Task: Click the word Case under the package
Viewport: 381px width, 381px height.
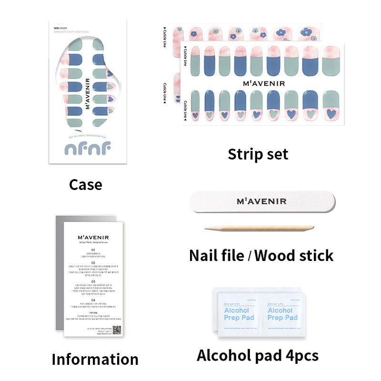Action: click(x=85, y=184)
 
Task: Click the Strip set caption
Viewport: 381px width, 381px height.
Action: click(x=258, y=154)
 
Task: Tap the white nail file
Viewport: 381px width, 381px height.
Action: click(x=261, y=201)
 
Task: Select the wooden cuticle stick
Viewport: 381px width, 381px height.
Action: click(x=260, y=229)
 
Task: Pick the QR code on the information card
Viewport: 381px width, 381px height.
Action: click(x=117, y=330)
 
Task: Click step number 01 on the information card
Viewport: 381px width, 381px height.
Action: click(x=93, y=250)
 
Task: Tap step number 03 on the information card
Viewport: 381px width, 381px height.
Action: click(x=93, y=281)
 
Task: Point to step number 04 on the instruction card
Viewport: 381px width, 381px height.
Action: click(x=93, y=300)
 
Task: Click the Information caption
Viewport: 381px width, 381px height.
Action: click(x=95, y=359)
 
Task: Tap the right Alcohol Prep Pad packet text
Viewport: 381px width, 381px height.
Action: click(x=282, y=314)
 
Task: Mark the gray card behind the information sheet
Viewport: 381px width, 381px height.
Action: click(x=60, y=276)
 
